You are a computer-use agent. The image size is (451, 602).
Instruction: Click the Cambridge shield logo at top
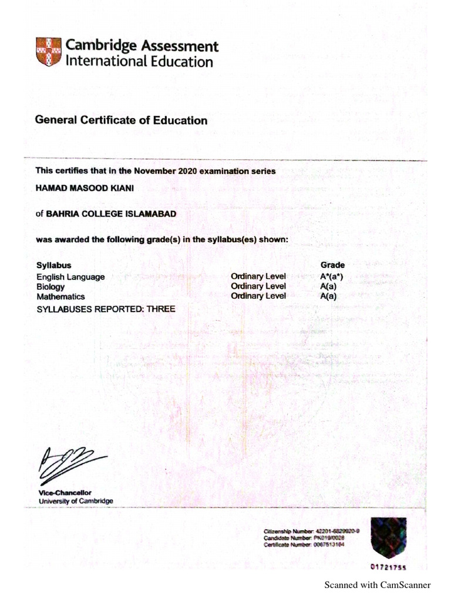coord(48,53)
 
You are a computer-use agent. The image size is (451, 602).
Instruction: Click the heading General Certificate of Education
coord(121,121)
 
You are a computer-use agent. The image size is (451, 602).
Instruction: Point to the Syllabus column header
coord(54,265)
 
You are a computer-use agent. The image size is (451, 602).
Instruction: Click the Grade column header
coord(332,265)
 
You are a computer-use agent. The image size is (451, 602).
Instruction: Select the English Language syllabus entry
coord(70,276)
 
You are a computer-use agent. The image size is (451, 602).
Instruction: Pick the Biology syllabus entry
coord(51,287)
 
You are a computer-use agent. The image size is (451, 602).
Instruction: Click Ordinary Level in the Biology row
coord(258,286)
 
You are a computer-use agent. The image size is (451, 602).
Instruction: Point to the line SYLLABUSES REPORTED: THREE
coord(106,309)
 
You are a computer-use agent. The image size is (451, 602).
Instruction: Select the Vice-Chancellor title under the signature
coord(65,492)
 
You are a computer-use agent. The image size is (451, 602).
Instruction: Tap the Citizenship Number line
coord(311,531)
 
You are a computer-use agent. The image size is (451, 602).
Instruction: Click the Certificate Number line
coord(304,545)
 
